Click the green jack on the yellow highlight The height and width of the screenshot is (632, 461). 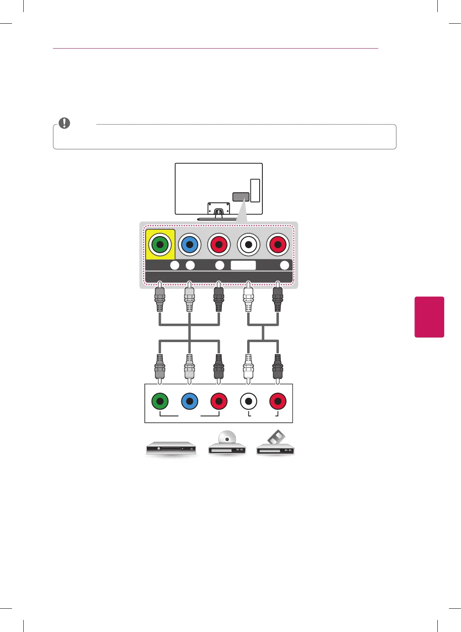[x=160, y=245]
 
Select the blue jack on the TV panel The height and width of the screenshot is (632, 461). [x=189, y=245]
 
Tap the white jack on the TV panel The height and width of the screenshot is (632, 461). [x=248, y=245]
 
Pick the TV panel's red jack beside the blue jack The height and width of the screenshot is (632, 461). [x=219, y=245]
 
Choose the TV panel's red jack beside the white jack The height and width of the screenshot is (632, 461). [x=278, y=245]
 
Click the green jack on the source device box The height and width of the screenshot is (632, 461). [x=160, y=401]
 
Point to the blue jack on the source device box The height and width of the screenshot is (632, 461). [x=189, y=401]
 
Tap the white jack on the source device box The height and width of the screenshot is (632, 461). [x=248, y=401]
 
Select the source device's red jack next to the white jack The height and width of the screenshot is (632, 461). [x=278, y=401]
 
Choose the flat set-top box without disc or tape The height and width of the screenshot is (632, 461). [x=171, y=448]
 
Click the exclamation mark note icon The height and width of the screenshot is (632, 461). [x=64, y=123]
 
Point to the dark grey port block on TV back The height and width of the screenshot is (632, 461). [x=241, y=197]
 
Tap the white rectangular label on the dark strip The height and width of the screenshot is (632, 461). [x=243, y=265]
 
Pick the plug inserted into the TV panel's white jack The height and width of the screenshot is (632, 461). [x=248, y=299]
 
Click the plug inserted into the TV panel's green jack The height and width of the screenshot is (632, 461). [x=160, y=299]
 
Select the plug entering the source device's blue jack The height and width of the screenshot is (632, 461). [x=189, y=366]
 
